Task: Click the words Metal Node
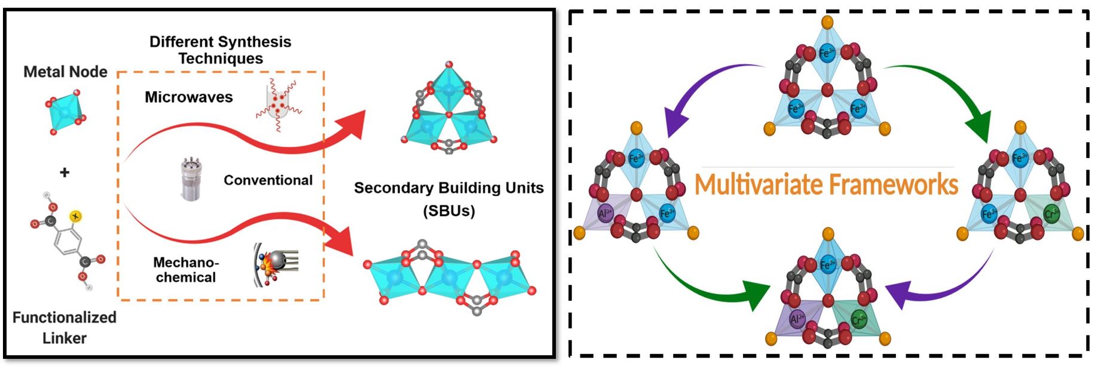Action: pos(65,72)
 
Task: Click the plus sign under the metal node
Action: pos(65,173)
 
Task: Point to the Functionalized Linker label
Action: pos(65,327)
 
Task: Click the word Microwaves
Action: pos(188,97)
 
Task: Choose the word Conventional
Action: pos(268,180)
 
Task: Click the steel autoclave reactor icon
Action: pos(191,179)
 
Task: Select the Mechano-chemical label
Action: pos(186,270)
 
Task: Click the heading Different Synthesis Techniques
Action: pos(220,50)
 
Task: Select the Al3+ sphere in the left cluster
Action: pos(605,213)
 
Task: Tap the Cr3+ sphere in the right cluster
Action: pos(1051,213)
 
